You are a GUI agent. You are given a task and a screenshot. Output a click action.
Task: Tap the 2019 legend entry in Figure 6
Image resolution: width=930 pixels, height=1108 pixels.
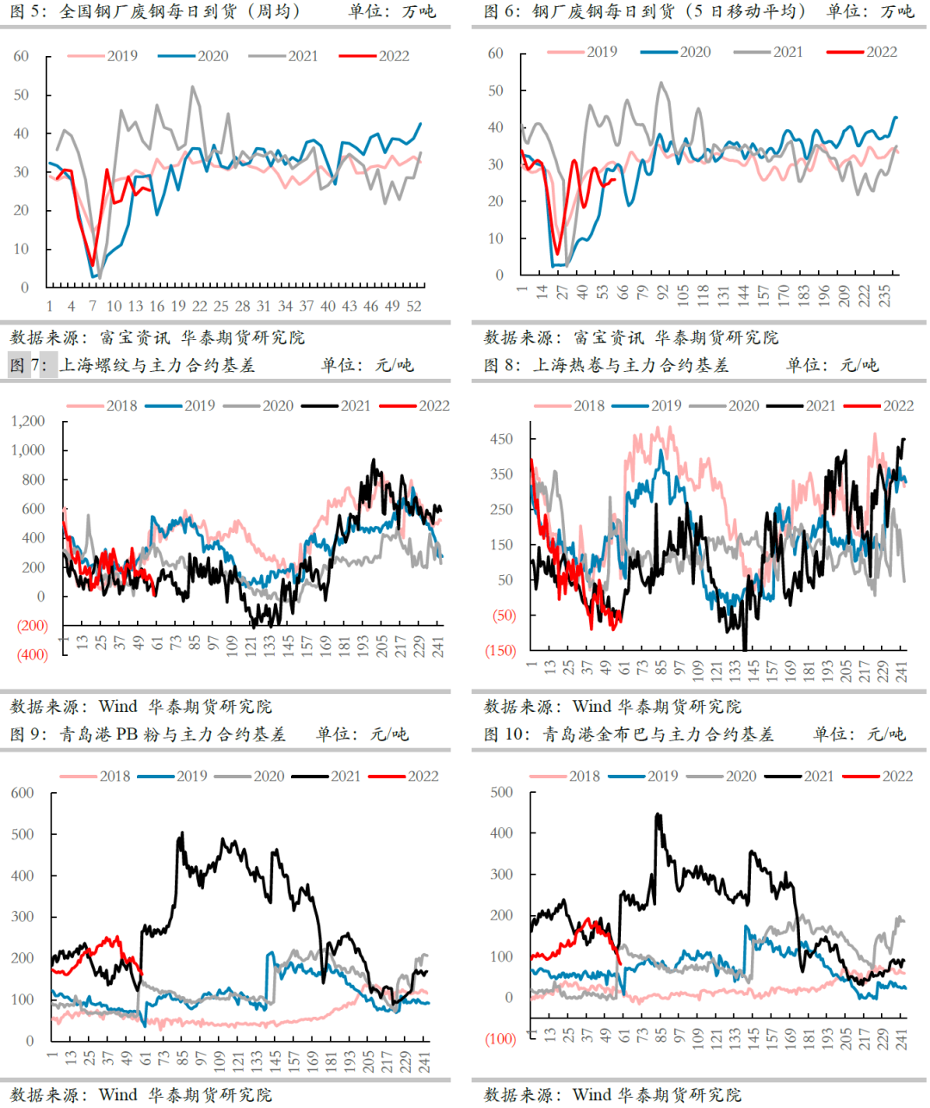602,52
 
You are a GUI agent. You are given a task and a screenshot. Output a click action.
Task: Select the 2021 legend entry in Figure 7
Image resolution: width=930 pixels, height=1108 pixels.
356,405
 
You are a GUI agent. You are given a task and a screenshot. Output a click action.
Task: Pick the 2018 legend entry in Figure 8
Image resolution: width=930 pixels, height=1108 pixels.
589,405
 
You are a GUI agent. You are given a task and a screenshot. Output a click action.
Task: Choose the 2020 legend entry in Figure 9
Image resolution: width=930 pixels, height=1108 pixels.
269,776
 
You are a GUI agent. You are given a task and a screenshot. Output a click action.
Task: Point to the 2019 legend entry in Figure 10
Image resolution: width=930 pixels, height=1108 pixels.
662,776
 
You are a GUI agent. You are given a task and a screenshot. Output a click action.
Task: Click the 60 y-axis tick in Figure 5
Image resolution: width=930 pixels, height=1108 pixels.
21,57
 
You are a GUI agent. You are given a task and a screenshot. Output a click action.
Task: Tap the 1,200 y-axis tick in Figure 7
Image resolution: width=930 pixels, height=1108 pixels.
28,421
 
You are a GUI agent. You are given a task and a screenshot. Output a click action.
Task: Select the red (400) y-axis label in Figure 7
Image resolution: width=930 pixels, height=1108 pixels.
33,655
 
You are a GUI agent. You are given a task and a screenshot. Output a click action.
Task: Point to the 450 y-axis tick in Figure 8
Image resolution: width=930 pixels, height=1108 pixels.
501,439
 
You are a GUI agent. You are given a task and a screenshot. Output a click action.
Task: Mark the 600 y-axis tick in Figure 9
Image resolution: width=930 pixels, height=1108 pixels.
22,793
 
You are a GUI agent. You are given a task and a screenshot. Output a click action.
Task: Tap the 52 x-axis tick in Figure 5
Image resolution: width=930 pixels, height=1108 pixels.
413,306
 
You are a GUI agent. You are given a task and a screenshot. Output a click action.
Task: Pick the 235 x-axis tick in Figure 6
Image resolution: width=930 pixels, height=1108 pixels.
885,297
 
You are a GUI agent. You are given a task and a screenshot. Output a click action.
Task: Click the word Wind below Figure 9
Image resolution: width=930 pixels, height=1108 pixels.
118,1094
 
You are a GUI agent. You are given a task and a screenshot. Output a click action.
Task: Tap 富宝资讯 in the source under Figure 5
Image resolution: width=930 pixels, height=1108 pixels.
134,337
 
